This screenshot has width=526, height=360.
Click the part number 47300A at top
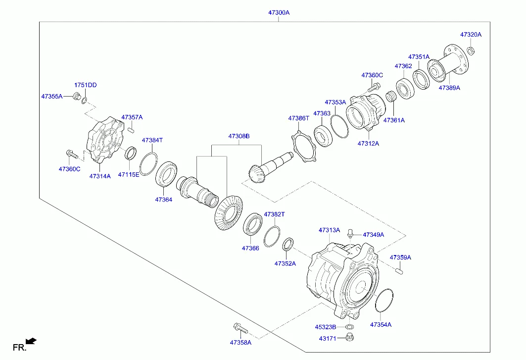tap(278, 13)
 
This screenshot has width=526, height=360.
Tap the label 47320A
tap(471, 35)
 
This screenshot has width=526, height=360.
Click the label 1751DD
tap(86, 85)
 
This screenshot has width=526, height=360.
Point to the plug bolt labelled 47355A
tap(77, 96)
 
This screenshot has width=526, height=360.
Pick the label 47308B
tap(239, 136)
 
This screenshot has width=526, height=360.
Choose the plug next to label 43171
tap(349, 338)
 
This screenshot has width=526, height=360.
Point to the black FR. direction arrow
tap(31, 341)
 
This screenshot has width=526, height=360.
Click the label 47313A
tap(329, 230)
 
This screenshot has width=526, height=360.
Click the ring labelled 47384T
tap(148, 164)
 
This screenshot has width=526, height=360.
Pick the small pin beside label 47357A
tap(131, 130)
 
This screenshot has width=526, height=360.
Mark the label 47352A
tap(285, 263)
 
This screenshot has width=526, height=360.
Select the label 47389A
tap(449, 88)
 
